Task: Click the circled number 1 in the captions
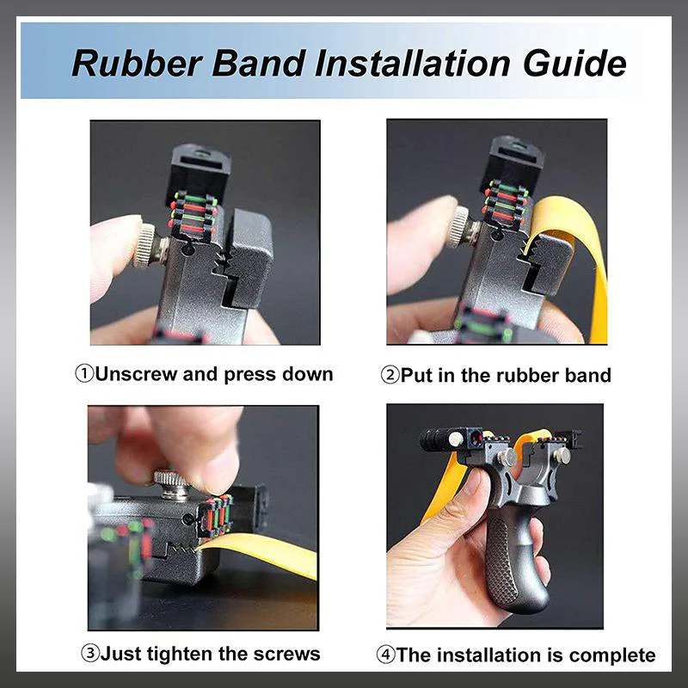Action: tap(84, 374)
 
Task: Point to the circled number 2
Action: tap(390, 376)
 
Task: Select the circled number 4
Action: tap(386, 655)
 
